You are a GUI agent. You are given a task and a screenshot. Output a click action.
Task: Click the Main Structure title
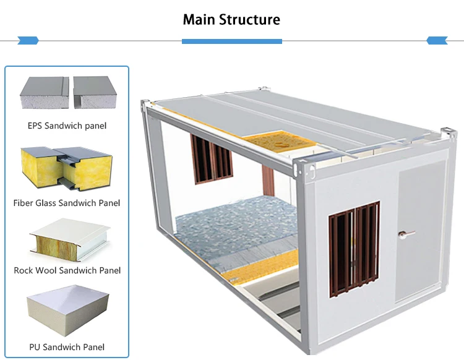[231, 19]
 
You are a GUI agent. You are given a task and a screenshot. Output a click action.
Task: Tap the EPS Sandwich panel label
[67, 126]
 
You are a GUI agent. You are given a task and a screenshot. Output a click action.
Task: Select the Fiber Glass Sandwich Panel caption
[67, 202]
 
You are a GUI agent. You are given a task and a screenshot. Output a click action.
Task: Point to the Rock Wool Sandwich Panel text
[67, 270]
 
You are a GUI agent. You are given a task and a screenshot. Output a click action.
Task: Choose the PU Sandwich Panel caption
[67, 347]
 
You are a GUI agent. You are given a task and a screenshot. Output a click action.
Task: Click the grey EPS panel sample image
[66, 93]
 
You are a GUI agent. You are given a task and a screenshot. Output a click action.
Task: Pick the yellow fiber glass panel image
[66, 169]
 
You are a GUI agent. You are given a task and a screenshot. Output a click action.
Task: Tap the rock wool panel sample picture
[66, 241]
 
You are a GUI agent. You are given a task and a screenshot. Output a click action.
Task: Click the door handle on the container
[405, 233]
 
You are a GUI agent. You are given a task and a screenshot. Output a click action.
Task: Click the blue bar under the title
[232, 41]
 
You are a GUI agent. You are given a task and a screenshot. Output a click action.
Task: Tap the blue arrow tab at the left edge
[28, 41]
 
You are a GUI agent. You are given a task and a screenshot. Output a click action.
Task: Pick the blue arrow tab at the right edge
[437, 41]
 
